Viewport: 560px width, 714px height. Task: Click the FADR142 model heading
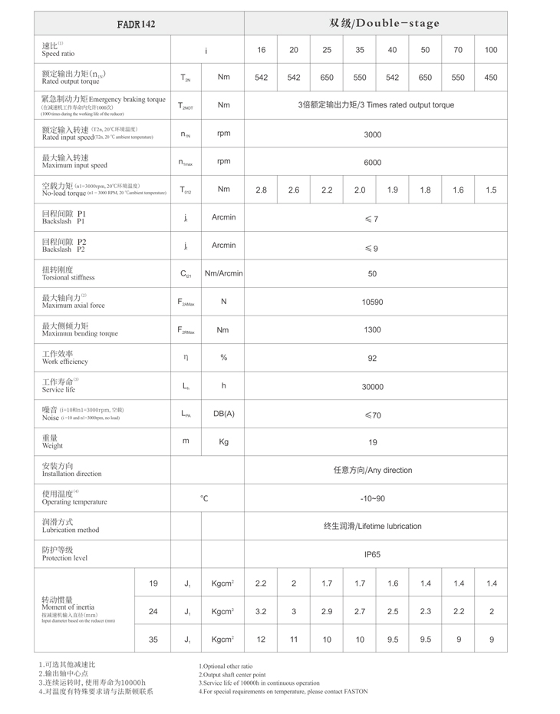pyautogui.click(x=137, y=24)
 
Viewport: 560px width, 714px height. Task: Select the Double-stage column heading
pyautogui.click(x=384, y=23)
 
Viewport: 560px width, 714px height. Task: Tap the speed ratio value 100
pyautogui.click(x=491, y=50)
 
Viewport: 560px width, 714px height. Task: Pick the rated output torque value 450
pyautogui.click(x=491, y=78)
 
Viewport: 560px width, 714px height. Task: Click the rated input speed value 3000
pyautogui.click(x=372, y=134)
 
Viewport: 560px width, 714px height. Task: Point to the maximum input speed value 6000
pyautogui.click(x=372, y=163)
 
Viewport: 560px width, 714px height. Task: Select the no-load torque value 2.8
pyautogui.click(x=261, y=190)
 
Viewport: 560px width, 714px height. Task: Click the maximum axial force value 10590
pyautogui.click(x=372, y=302)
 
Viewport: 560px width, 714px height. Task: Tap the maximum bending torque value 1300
pyautogui.click(x=372, y=330)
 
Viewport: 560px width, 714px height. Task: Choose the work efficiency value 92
pyautogui.click(x=372, y=358)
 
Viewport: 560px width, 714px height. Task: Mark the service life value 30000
pyautogui.click(x=372, y=387)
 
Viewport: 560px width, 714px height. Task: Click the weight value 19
pyautogui.click(x=372, y=442)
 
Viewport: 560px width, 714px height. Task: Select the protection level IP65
pyautogui.click(x=372, y=554)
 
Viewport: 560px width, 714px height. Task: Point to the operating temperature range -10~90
pyautogui.click(x=372, y=498)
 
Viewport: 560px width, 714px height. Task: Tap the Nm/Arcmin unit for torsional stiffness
pyautogui.click(x=223, y=273)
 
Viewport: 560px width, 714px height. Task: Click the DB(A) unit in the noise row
pyautogui.click(x=223, y=414)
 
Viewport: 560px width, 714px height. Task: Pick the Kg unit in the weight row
pyautogui.click(x=223, y=442)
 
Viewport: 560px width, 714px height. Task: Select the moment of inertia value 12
pyautogui.click(x=261, y=639)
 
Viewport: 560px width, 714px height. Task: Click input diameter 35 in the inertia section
pyautogui.click(x=153, y=639)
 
